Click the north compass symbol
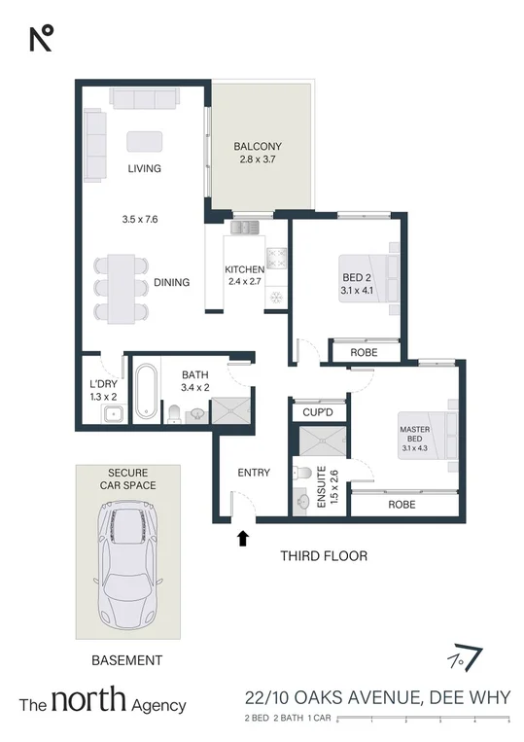41,39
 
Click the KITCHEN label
244,269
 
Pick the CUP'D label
319,412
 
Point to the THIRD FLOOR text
324,556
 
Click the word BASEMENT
126,660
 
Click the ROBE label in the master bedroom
402,505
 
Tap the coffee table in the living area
144,142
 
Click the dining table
122,287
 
